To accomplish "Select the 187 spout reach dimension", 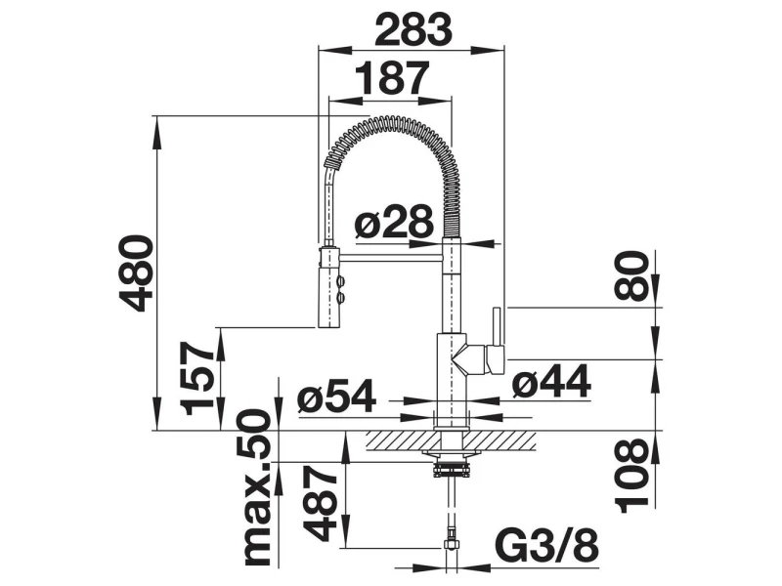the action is tap(392, 78).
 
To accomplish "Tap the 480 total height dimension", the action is tap(135, 273).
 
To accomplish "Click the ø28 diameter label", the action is tap(394, 221).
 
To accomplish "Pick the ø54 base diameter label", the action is tap(336, 397).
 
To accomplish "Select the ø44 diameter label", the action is tap(551, 382).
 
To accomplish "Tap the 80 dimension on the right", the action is tap(631, 276).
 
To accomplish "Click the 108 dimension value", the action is tap(633, 476).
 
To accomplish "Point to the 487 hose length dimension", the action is tap(322, 503).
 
